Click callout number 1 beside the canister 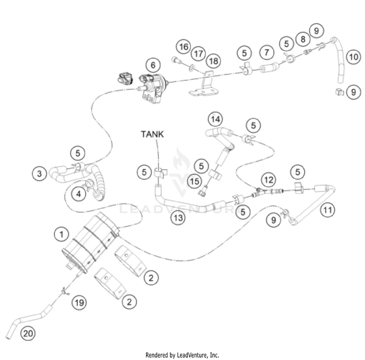61,235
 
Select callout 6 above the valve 152,64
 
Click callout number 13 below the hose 178,218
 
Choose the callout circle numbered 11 328,210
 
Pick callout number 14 215,118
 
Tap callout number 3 40,172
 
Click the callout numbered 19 79,303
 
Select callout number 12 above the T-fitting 267,179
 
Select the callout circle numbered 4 77,193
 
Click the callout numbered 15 195,181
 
